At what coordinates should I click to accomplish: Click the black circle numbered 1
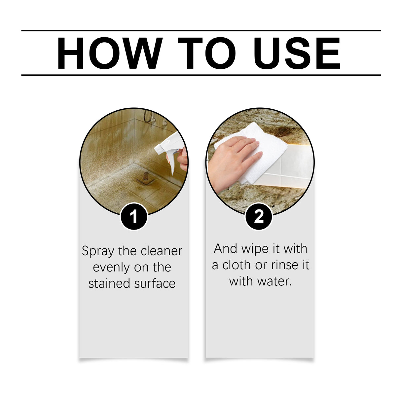133,217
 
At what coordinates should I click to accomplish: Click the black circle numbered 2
259,217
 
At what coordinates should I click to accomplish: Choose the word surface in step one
155,283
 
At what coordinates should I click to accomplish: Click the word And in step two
226,249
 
